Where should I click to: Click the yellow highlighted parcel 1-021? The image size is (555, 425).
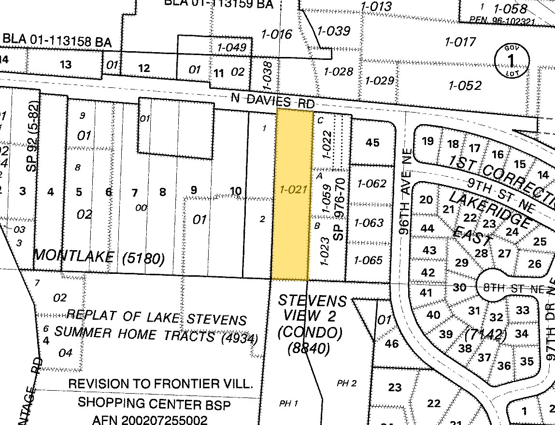(x=292, y=193)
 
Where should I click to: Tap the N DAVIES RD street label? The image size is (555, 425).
(x=273, y=101)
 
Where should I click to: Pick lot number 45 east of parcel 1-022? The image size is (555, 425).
(x=372, y=142)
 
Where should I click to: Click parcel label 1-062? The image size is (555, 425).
(x=370, y=184)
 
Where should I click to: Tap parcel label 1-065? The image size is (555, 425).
(x=368, y=260)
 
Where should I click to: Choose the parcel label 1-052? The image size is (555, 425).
(x=465, y=85)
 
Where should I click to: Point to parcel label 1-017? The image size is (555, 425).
(x=460, y=42)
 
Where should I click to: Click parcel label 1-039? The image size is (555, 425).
(x=333, y=31)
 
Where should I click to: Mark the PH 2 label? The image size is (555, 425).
(x=347, y=383)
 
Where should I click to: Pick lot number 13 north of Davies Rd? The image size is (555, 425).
(x=65, y=64)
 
